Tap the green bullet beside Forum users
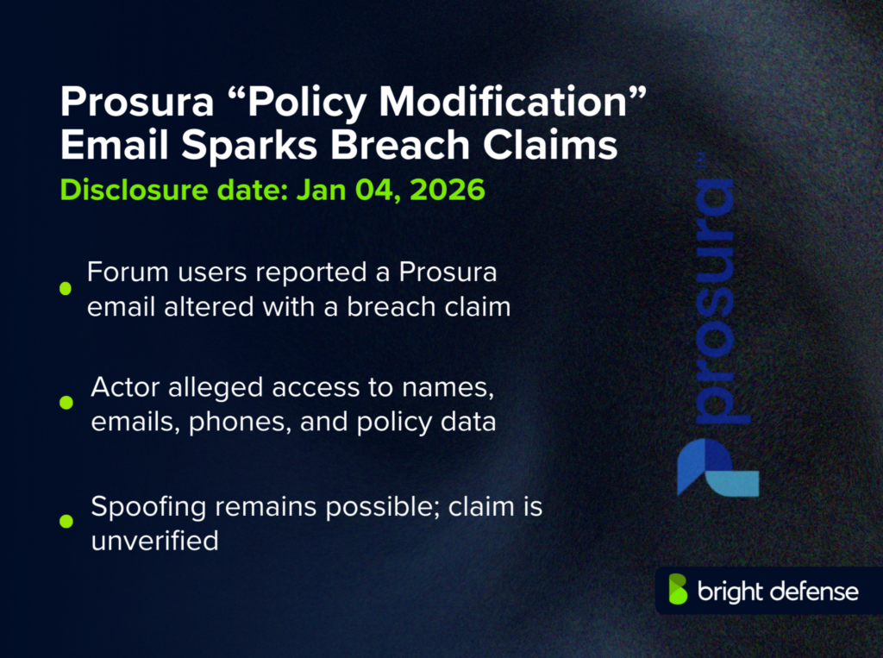pos(66,289)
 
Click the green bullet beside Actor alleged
pos(66,403)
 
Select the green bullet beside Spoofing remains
pos(66,520)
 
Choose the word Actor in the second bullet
pos(123,387)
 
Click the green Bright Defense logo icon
pos(679,590)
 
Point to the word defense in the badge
pos(815,591)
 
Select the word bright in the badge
pos(730,591)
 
